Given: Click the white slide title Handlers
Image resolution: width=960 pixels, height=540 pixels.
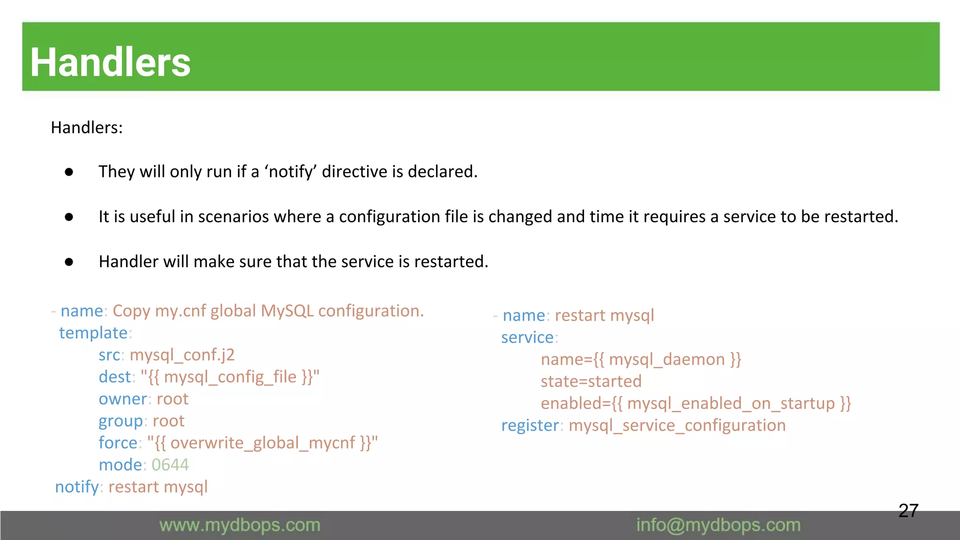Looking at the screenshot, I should (x=111, y=62).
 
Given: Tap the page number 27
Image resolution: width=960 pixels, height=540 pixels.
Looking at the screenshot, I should (x=908, y=510).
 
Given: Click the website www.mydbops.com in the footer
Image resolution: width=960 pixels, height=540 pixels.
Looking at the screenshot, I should (x=240, y=525).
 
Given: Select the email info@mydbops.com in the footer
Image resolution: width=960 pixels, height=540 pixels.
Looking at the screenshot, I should (x=718, y=525).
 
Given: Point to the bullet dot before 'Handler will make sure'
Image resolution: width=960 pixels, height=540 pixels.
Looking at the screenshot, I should (x=69, y=262).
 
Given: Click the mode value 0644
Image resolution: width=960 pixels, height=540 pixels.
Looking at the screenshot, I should (x=170, y=465).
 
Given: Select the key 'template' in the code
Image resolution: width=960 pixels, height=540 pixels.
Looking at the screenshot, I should (x=93, y=333).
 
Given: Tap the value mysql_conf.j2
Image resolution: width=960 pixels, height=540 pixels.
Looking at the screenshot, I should (x=182, y=355).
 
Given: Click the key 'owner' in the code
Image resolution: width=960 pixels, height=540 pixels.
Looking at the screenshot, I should (x=123, y=399).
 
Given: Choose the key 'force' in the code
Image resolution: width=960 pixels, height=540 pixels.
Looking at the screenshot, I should (x=118, y=443).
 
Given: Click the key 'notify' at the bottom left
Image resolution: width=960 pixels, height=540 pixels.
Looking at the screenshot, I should (x=77, y=487).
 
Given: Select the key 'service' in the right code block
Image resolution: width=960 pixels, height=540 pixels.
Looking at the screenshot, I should (x=527, y=337).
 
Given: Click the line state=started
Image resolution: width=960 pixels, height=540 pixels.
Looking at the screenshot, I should (x=591, y=382).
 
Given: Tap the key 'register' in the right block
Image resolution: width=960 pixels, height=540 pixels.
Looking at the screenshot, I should (x=530, y=426).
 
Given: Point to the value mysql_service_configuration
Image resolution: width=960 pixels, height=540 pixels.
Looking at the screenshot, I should (x=677, y=426).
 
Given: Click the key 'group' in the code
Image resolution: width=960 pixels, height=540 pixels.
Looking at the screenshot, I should (x=120, y=421).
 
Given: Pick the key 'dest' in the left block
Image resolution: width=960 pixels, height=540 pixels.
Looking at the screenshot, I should (x=114, y=377).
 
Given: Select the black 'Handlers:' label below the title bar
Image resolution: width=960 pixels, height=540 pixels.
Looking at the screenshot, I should (x=87, y=127).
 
